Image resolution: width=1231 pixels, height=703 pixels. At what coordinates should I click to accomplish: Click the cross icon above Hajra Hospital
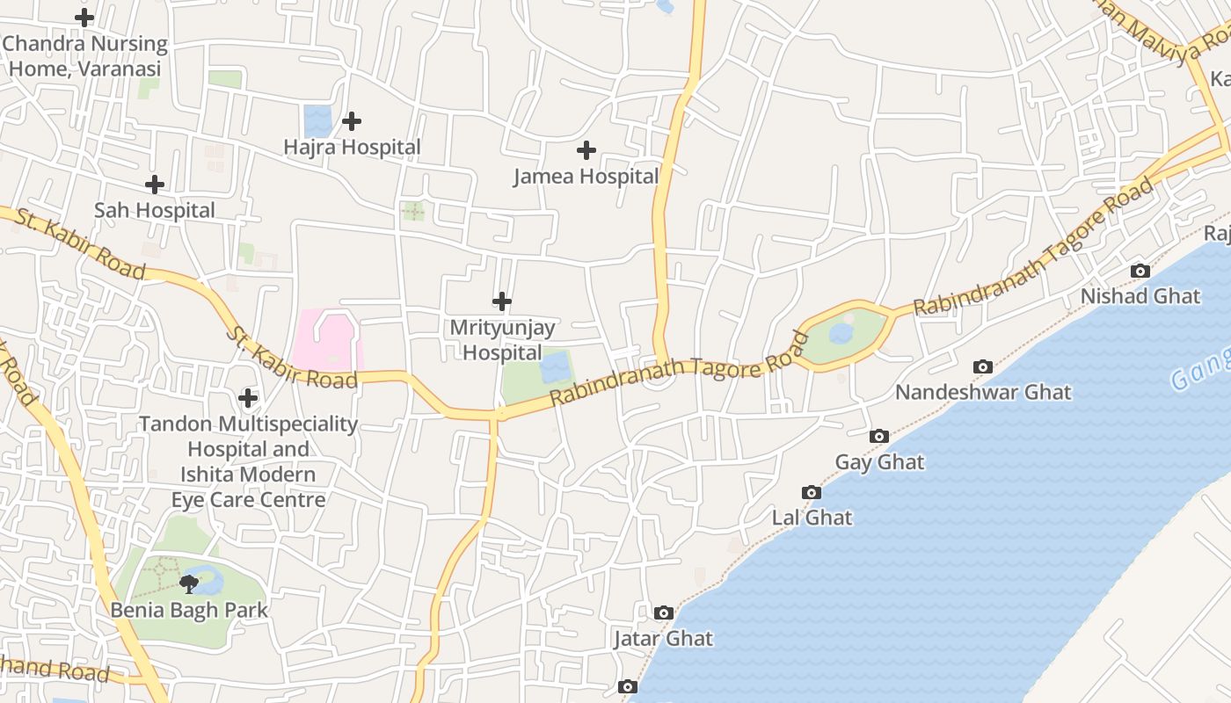tap(352, 121)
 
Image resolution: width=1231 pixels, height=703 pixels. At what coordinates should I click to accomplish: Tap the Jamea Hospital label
tap(586, 177)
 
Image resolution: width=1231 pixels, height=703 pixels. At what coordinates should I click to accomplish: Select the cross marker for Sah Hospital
tap(155, 185)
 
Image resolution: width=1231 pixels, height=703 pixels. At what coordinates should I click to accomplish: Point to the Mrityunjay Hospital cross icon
tap(502, 302)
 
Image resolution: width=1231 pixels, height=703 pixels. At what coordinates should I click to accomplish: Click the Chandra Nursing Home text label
tap(84, 55)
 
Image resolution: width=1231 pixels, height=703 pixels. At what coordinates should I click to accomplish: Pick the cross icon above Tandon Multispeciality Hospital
tap(249, 399)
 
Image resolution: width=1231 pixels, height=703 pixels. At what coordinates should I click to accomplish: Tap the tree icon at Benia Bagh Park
tap(188, 583)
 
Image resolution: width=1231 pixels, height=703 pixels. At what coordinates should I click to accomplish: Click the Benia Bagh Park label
tap(189, 610)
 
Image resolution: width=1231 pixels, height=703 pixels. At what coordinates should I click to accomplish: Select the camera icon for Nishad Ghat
tap(1140, 272)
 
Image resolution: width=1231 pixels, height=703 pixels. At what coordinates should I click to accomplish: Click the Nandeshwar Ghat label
tap(983, 392)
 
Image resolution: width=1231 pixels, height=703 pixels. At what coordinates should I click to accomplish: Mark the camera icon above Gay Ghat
tap(878, 437)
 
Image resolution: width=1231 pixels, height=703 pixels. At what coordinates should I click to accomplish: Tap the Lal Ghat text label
tap(812, 518)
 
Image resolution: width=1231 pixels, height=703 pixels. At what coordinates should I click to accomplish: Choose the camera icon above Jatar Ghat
tap(664, 613)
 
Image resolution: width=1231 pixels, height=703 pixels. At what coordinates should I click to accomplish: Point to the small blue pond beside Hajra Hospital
tap(317, 121)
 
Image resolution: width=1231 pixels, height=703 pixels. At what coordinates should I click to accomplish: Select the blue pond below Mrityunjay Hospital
tap(556, 367)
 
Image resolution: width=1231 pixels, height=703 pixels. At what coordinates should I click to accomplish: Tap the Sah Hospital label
tap(155, 211)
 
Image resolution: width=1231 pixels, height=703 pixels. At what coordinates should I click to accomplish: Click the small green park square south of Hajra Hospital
tap(412, 211)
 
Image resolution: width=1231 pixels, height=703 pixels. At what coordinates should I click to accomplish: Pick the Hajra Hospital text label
tap(352, 148)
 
